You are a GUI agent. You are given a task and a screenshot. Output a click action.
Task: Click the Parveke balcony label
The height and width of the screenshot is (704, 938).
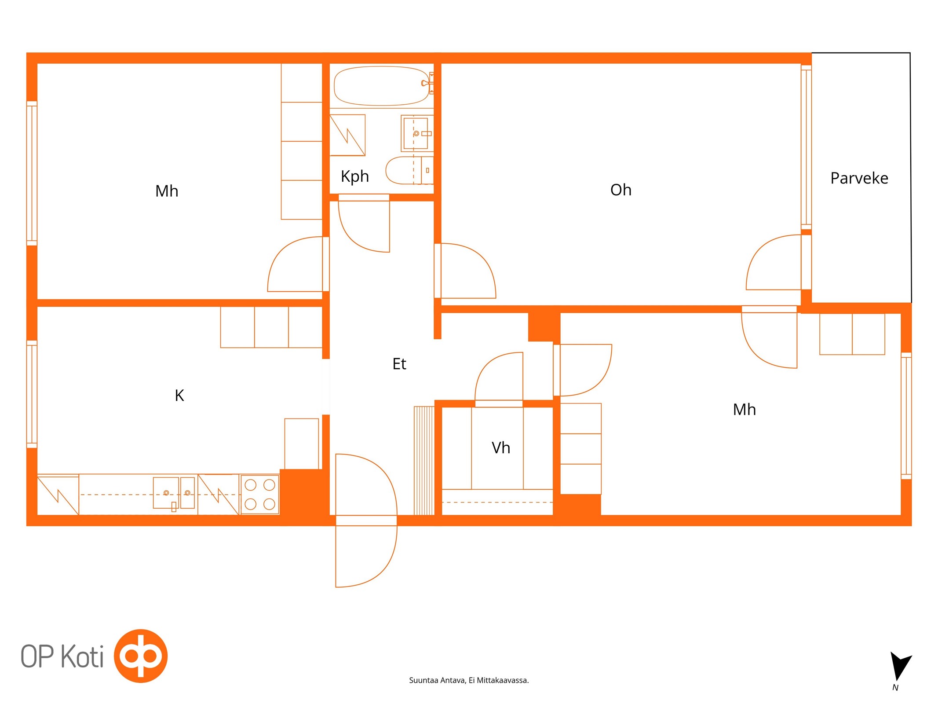point(859,178)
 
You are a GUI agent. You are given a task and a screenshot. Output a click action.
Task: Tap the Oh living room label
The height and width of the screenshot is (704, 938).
point(620,190)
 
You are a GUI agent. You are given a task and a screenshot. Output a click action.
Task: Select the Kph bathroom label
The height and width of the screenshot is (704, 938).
point(354,176)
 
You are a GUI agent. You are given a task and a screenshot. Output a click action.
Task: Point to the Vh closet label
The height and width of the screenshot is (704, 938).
point(500,447)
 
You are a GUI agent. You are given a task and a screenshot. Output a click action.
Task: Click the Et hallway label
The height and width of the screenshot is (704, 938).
point(399,364)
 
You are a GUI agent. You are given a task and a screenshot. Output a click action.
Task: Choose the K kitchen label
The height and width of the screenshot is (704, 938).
point(179,396)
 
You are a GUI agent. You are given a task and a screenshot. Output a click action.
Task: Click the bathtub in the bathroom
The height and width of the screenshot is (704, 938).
point(381,86)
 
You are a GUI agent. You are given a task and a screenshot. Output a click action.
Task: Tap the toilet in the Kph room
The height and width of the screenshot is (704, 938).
point(409,170)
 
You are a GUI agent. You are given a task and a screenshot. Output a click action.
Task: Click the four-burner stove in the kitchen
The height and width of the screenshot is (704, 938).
point(260,494)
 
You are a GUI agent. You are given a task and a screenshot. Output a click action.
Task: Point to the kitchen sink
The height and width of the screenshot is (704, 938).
point(174,493)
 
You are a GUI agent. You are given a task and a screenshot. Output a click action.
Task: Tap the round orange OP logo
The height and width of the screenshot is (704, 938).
point(141,656)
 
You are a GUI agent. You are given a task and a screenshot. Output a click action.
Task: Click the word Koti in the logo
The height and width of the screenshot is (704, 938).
point(82,656)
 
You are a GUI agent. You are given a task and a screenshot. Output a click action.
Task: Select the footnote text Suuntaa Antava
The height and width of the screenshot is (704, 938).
point(437,680)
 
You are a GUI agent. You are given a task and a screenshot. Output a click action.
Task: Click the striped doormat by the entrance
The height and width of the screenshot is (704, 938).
point(424,461)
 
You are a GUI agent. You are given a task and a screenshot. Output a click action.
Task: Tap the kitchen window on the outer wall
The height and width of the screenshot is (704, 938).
point(32,394)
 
